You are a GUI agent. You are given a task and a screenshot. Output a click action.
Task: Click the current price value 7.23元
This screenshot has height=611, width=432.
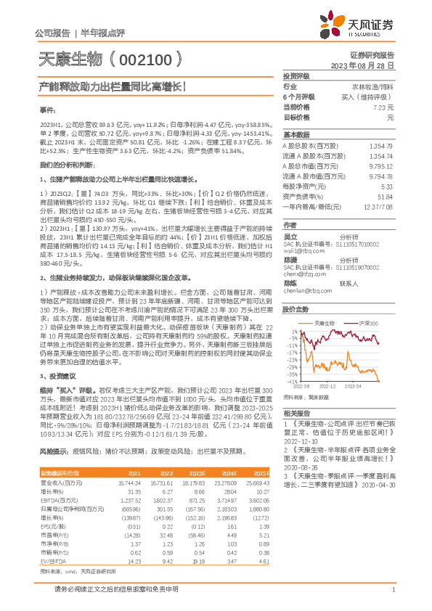click(x=385, y=107)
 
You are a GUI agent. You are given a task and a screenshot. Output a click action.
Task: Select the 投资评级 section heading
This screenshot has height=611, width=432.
click(x=296, y=75)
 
